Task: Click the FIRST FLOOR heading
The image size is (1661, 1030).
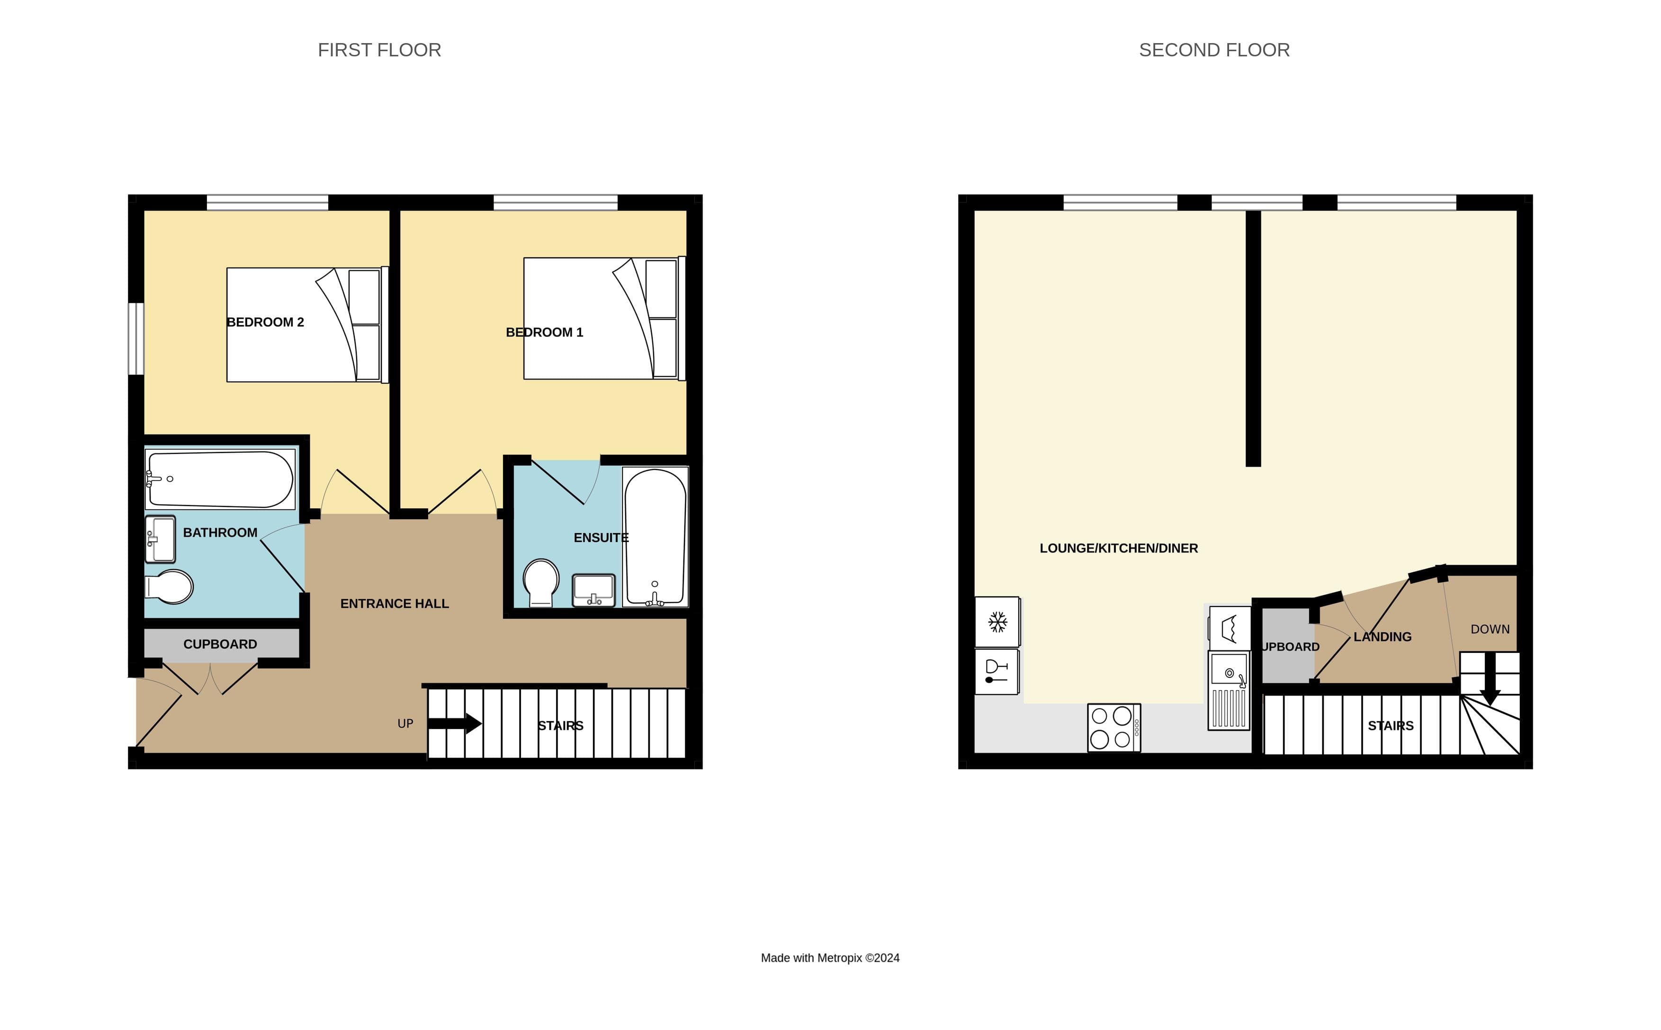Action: coord(379,50)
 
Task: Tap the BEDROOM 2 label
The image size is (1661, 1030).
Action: coord(265,322)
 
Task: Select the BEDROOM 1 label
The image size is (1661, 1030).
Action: coord(544,333)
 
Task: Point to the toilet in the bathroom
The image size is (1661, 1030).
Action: coord(170,587)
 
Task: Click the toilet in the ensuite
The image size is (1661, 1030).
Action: coord(541,581)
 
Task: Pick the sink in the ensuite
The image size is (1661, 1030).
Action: coord(593,589)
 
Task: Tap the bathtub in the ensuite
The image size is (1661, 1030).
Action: coord(655,537)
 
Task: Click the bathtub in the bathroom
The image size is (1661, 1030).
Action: coord(220,479)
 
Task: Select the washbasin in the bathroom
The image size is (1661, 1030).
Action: coord(161,539)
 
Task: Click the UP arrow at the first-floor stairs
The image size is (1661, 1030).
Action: coord(454,723)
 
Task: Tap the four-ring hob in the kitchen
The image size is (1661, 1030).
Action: coord(1113,728)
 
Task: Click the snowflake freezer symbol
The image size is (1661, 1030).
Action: coord(997,621)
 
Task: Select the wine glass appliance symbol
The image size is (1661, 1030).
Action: coord(997,671)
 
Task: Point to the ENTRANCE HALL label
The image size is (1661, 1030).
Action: coord(395,604)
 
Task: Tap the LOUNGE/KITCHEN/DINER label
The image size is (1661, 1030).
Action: coord(1118,548)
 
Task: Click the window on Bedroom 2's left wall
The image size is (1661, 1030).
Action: coord(136,339)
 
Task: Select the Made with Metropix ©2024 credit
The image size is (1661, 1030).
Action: coord(829,958)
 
